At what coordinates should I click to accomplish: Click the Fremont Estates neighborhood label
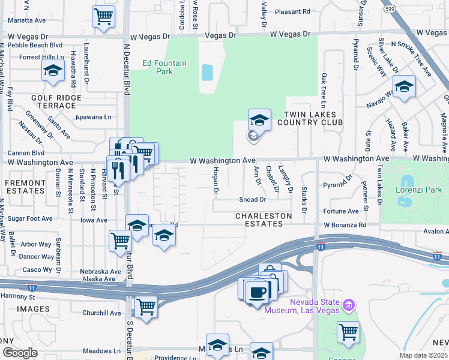click(x=25, y=186)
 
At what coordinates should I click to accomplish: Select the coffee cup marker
click(x=258, y=292)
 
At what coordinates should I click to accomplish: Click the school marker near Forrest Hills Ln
click(x=53, y=70)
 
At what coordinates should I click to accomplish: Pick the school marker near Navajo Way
click(x=404, y=86)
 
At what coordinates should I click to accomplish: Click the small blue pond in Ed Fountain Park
click(x=207, y=73)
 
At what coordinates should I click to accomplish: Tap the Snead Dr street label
click(x=252, y=199)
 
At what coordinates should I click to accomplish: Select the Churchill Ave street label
click(x=102, y=313)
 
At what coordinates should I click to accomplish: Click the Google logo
click(x=20, y=353)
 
